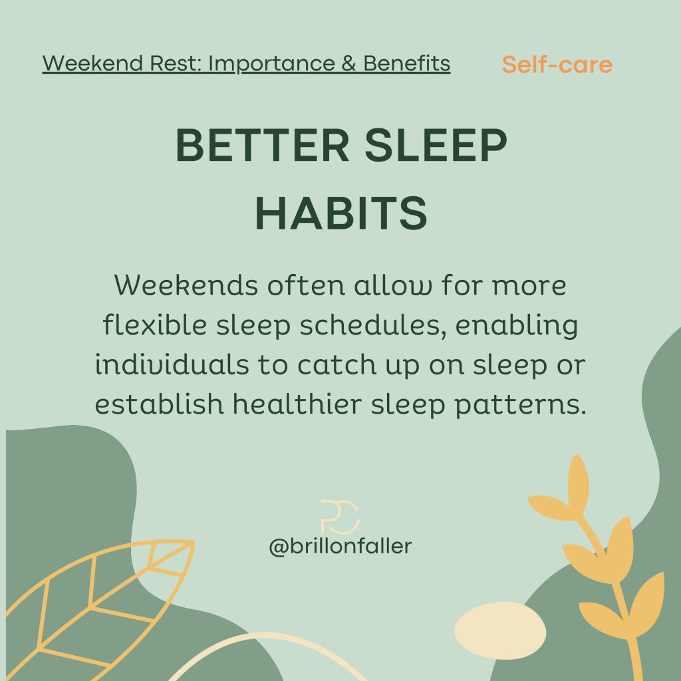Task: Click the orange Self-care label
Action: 557,65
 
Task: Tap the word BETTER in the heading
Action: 262,145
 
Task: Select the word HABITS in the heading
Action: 341,213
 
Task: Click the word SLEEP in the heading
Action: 436,145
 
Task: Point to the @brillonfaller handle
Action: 340,547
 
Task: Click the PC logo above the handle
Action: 340,517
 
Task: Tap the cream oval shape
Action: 500,630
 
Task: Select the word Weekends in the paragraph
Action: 186,285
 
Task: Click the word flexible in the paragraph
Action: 154,325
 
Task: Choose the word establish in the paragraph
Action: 159,404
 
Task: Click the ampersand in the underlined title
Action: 348,63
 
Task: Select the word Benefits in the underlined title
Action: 406,63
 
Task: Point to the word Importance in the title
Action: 271,64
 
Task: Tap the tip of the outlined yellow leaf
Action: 194,541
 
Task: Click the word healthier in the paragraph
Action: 297,404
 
